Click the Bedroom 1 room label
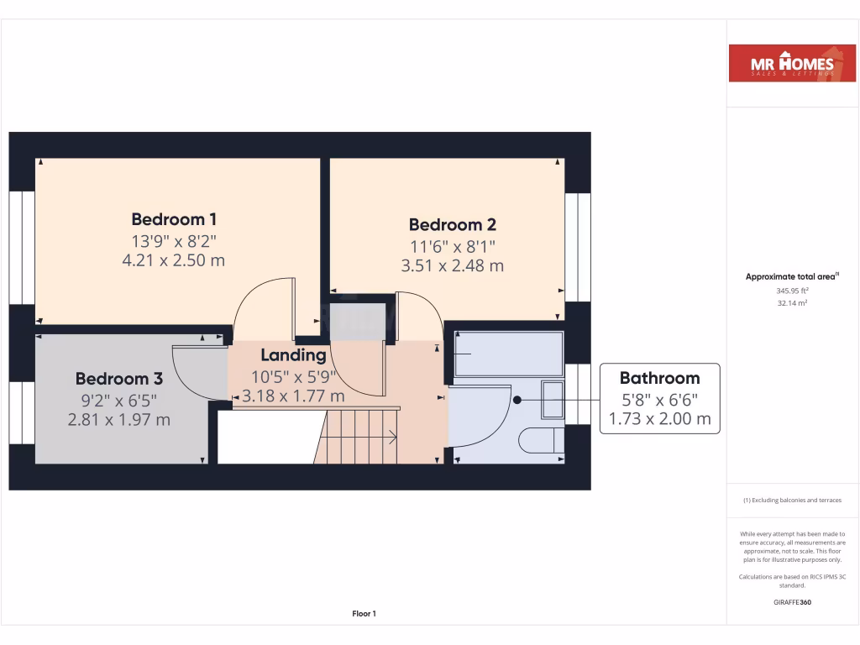point(174,219)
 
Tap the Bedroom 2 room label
point(452,224)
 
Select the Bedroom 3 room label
point(118,379)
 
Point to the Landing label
point(293,355)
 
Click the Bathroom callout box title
point(659,378)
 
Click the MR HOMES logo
point(786,63)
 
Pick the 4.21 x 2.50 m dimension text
point(174,260)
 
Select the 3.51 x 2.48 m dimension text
point(452,266)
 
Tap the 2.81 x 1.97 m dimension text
point(118,419)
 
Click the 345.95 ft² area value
point(793,290)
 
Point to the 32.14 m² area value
point(793,303)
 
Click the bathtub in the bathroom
point(508,354)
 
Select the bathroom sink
point(553,400)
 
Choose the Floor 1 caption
point(364,614)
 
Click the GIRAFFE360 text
point(793,602)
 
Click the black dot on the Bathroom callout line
point(517,400)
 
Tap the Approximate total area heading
point(793,276)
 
